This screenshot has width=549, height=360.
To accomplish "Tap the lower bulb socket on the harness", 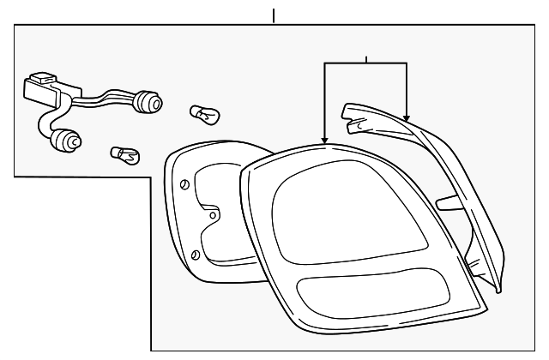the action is coord(64,140).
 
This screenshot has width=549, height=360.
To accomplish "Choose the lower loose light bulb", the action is coord(125,155).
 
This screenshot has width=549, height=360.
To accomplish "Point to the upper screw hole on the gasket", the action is coord(186,183).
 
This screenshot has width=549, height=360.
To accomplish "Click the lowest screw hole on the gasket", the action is coord(196,255).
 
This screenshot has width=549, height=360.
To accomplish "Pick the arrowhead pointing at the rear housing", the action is coord(407,117).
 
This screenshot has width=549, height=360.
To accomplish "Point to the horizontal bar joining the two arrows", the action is coord(365,64).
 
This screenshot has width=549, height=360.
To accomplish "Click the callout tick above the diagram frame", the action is coord(274,15).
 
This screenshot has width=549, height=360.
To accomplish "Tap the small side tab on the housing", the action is coord(447,203).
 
